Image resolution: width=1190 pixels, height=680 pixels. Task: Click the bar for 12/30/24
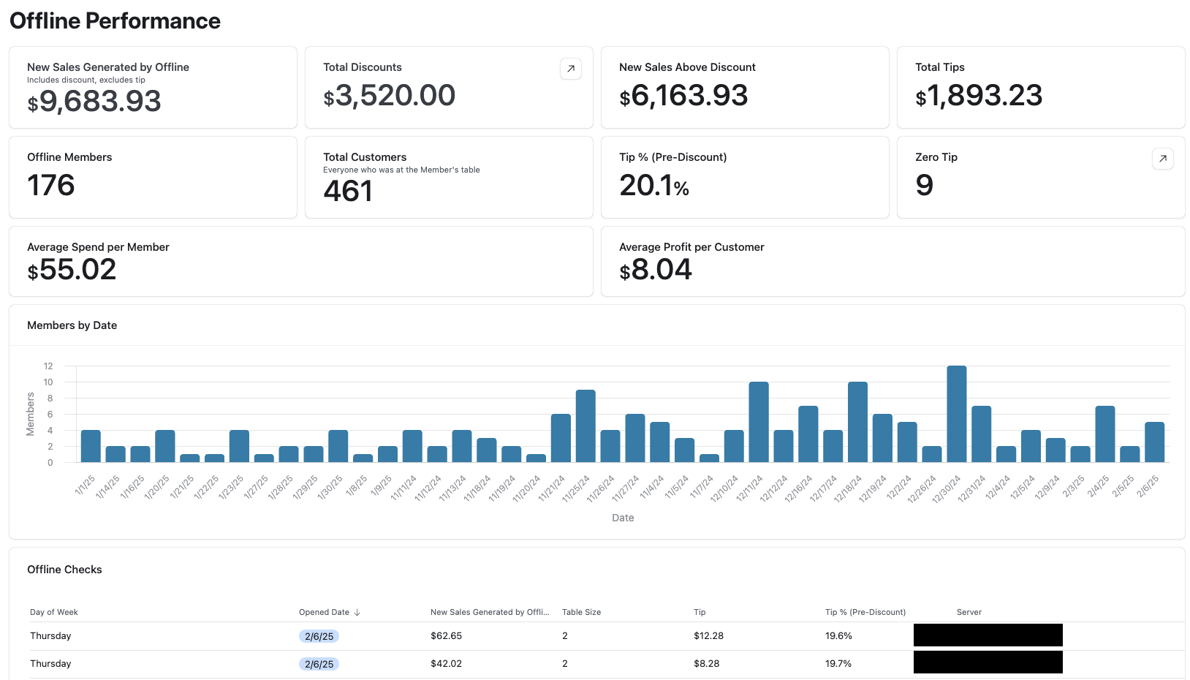pyautogui.click(x=956, y=414)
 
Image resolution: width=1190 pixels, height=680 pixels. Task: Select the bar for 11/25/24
pyautogui.click(x=585, y=426)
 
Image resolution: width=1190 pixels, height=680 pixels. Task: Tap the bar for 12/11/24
pyautogui.click(x=759, y=422)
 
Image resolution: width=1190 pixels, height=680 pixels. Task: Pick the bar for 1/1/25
pyautogui.click(x=91, y=446)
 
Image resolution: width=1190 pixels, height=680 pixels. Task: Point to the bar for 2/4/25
pyautogui.click(x=1104, y=434)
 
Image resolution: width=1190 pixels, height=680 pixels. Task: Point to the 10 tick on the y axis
pyautogui.click(x=48, y=382)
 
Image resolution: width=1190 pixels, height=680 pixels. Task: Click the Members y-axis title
pyautogui.click(x=31, y=414)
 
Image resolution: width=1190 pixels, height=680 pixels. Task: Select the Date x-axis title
pyautogui.click(x=623, y=518)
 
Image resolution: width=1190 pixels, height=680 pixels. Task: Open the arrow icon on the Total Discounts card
pyautogui.click(x=570, y=69)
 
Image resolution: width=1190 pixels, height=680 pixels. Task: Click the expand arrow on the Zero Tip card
pyautogui.click(x=1162, y=159)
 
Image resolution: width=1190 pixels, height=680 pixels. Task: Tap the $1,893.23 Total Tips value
pyautogui.click(x=979, y=96)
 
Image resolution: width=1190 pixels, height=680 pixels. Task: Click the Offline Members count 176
pyautogui.click(x=51, y=186)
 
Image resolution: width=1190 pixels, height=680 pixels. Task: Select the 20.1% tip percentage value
pyautogui.click(x=654, y=186)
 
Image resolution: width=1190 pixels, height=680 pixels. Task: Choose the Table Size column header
pyautogui.click(x=581, y=613)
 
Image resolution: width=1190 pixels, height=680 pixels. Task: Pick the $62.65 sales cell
pyautogui.click(x=446, y=636)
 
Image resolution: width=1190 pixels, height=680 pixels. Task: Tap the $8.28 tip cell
pyautogui.click(x=706, y=664)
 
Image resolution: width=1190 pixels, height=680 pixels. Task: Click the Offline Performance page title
pyautogui.click(x=115, y=21)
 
